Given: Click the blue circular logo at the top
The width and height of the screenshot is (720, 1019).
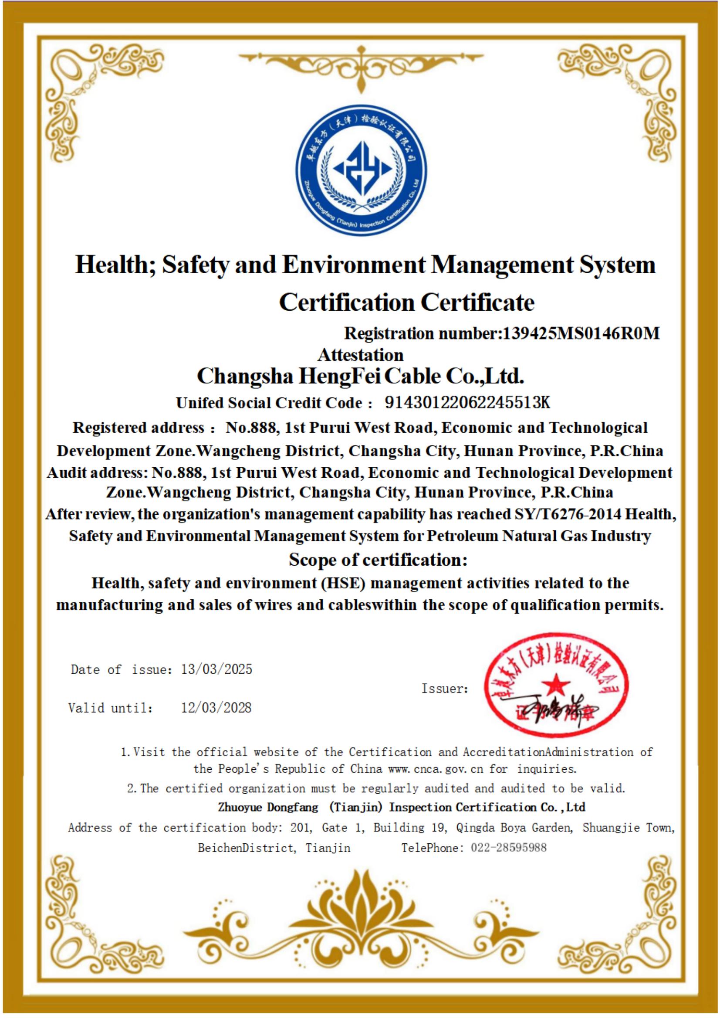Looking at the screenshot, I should pyautogui.click(x=362, y=172).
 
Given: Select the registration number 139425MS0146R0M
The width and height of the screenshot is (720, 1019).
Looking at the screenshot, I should pyautogui.click(x=580, y=333).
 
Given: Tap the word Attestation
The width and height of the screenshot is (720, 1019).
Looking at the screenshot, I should pyautogui.click(x=360, y=355).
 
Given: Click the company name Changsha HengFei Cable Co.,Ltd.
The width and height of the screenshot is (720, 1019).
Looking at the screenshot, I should pyautogui.click(x=360, y=377).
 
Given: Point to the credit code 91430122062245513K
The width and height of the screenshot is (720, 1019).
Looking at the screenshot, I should pyautogui.click(x=467, y=402).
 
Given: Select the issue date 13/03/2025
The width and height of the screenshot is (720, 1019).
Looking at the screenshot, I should pyautogui.click(x=216, y=669).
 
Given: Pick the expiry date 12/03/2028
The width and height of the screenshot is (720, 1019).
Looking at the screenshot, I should pyautogui.click(x=216, y=707).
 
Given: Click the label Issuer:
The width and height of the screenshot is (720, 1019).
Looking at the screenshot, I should pyautogui.click(x=445, y=688).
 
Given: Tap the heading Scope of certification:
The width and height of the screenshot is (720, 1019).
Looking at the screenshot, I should pyautogui.click(x=378, y=560).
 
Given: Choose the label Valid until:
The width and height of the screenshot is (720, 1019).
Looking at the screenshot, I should pyautogui.click(x=111, y=708).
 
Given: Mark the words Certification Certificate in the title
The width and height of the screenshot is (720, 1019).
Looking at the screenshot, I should pyautogui.click(x=406, y=303).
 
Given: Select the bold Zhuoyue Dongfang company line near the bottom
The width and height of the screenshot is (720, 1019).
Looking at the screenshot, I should pyautogui.click(x=402, y=807).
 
